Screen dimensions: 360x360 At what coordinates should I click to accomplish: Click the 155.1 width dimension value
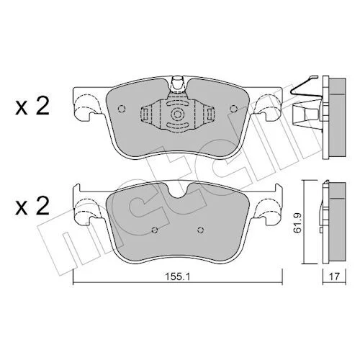pos(177,276)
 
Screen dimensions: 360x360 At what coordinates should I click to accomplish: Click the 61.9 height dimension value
pos(297,222)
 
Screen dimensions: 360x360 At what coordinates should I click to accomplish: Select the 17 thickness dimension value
pos(334,276)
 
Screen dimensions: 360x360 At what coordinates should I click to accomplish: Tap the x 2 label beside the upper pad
pos(32,107)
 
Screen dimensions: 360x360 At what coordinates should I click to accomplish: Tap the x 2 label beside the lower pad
pos(32,206)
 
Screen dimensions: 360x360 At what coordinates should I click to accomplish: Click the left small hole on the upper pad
pos(122,109)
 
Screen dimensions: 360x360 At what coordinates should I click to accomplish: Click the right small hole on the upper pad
pos(233,109)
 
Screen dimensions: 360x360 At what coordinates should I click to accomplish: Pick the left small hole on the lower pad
pos(155,230)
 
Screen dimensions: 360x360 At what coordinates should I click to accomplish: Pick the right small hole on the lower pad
pos(201,230)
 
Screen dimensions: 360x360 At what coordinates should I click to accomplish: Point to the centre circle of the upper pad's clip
pos(177,114)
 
